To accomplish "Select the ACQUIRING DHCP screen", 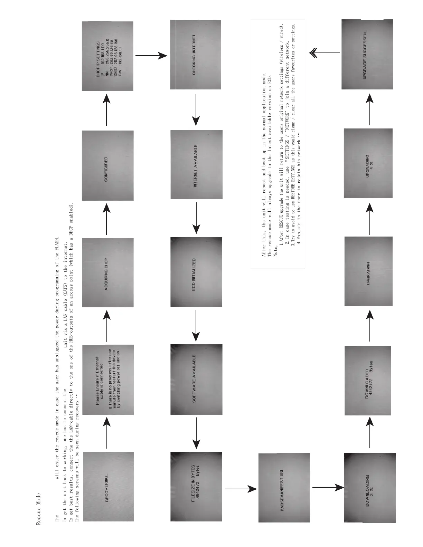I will pos(108,272).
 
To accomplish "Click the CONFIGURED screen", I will pos(108,165).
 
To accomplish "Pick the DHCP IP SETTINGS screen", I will pos(107,56).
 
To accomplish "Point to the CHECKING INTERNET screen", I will pos(196,55).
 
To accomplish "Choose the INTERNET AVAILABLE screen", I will pos(196,165).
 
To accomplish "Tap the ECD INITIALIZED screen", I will pos(196,272).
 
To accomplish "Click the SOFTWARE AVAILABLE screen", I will pos(196,379).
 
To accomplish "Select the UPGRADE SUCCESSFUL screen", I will pos(368,54).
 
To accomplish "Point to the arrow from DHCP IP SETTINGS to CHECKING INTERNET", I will pos(151,55).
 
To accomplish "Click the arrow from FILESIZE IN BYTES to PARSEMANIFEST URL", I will pos(241,489).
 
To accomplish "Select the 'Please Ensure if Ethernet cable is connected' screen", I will pos(108,380).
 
